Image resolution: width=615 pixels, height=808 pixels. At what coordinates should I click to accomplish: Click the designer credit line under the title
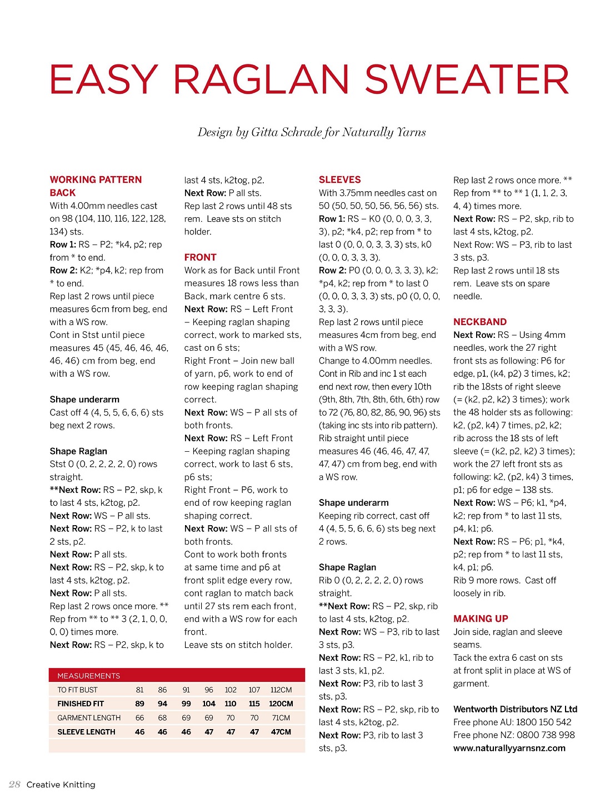point(312,132)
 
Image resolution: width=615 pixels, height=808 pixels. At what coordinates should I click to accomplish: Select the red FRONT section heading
point(200,257)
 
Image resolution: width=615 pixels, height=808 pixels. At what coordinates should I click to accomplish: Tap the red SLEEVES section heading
point(339,179)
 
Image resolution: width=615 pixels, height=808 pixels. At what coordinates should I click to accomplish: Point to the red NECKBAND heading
point(479,322)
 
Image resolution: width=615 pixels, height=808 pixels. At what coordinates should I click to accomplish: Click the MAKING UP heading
point(481,619)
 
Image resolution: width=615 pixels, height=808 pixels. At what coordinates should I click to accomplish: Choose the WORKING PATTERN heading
point(96,179)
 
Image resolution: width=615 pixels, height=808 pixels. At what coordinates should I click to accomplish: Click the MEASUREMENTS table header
point(88,676)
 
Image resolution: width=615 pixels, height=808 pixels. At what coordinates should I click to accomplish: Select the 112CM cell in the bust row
point(281,690)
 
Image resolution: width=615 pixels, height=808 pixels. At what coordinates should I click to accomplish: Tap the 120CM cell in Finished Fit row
point(281,704)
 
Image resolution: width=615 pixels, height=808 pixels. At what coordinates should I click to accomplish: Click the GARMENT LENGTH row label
point(89,718)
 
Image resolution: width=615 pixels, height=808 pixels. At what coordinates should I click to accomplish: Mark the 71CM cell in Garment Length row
point(281,718)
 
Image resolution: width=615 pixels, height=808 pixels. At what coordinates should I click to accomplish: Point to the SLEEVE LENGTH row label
point(86,732)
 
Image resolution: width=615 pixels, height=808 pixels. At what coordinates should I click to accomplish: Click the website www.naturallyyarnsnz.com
point(509,748)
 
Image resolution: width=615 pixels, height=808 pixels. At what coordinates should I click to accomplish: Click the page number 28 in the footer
point(15,785)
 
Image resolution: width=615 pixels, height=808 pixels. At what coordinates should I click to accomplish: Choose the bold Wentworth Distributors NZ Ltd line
point(515,709)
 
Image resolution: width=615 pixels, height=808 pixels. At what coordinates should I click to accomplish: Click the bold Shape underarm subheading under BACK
point(84,400)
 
